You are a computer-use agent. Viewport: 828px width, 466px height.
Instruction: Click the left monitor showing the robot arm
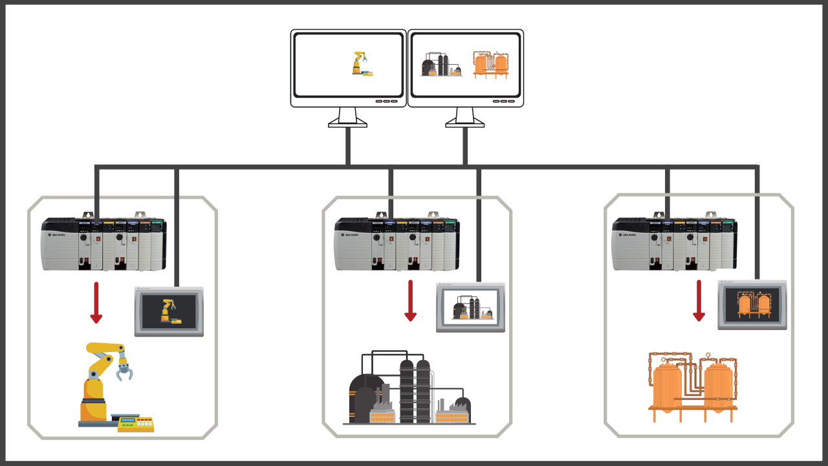click(x=348, y=68)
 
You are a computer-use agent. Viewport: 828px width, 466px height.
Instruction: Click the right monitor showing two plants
click(x=465, y=68)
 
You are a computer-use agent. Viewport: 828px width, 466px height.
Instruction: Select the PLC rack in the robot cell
click(x=103, y=244)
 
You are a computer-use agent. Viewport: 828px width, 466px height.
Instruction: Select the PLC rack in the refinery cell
click(x=397, y=244)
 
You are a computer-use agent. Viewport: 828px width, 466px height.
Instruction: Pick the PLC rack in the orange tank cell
click(x=674, y=244)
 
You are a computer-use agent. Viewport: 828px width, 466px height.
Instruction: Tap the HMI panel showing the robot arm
click(x=169, y=311)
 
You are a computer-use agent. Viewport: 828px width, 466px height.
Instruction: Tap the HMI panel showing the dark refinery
click(x=470, y=307)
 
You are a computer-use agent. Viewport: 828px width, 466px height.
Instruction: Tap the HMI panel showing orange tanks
click(x=752, y=305)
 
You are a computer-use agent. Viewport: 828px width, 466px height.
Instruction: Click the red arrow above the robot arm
click(x=96, y=302)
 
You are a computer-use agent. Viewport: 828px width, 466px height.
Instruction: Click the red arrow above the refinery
click(x=410, y=300)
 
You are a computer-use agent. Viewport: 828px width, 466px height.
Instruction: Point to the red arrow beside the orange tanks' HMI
click(x=699, y=300)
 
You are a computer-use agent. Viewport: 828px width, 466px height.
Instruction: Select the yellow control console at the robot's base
click(x=136, y=425)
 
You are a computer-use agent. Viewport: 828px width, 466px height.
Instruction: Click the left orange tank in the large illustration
click(x=667, y=387)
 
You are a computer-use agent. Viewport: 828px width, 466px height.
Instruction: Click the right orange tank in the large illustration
click(x=717, y=387)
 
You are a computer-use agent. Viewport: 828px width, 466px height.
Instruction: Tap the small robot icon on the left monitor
click(x=362, y=64)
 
